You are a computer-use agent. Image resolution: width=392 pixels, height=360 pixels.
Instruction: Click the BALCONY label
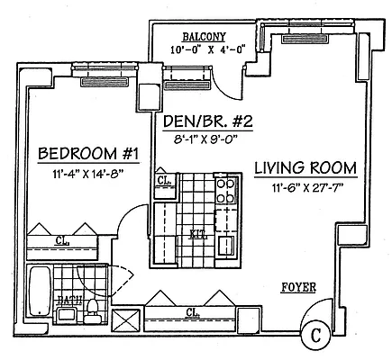tap(203, 38)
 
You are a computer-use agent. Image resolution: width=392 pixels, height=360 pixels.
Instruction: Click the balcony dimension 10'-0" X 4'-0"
tap(203, 50)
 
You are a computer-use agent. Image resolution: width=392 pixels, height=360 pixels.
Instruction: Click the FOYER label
tap(299, 290)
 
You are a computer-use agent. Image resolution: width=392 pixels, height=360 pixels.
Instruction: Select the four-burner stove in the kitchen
tap(226, 193)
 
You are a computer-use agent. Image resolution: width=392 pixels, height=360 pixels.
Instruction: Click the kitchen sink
tap(226, 244)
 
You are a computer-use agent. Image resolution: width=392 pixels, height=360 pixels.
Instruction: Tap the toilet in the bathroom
tap(93, 311)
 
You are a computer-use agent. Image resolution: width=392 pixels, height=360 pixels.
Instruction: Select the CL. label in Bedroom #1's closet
tap(61, 241)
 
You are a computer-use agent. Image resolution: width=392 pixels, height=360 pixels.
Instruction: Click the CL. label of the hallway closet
tap(193, 312)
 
